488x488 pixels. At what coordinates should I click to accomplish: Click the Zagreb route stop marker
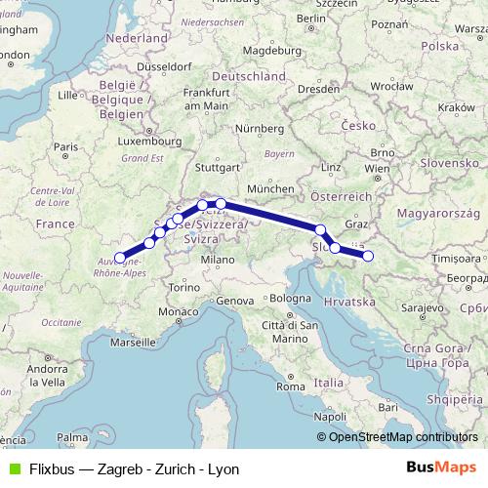pos(368,256)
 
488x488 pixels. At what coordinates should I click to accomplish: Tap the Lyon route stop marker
pos(120,258)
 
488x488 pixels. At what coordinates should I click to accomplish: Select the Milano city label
pos(217,261)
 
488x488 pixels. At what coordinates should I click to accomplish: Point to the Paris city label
pos(65,147)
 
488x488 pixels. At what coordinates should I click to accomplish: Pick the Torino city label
pos(183,288)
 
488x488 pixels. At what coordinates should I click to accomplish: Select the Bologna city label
pos(289,297)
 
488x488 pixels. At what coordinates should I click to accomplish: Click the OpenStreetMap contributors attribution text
pos(403,437)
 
